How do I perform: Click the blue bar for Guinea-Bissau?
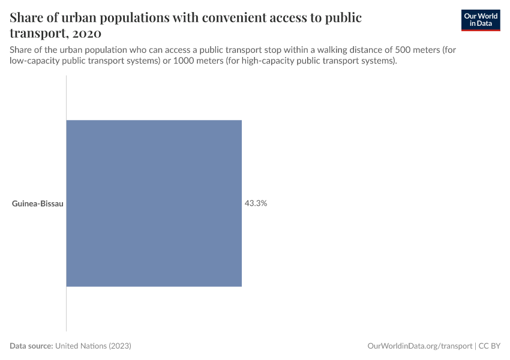[154, 203]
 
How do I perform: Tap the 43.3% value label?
[256, 203]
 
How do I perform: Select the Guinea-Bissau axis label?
[38, 203]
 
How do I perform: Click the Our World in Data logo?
[481, 20]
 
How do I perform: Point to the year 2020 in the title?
[84, 33]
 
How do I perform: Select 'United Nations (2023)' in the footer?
[93, 346]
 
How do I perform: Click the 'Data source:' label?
[31, 346]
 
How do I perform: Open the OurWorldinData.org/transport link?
[419, 346]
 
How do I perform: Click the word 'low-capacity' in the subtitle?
[34, 61]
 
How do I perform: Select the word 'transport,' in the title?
[37, 33]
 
